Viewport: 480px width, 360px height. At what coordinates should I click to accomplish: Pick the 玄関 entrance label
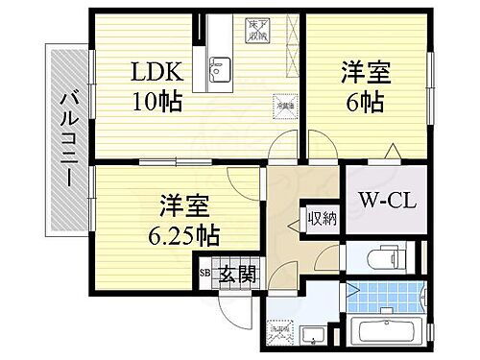(x=236, y=274)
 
